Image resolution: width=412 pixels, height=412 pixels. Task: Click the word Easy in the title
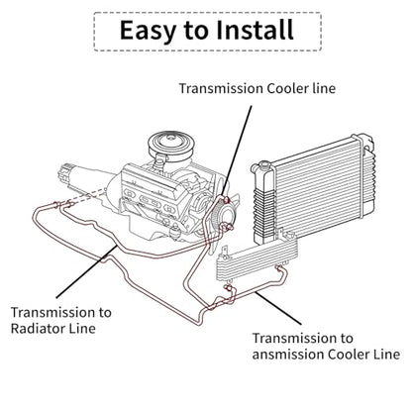click(x=148, y=31)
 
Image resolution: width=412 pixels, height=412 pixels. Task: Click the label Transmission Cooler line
click(x=257, y=88)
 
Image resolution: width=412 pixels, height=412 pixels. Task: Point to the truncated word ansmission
click(x=287, y=355)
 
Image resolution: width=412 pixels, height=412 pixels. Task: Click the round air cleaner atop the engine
click(x=170, y=146)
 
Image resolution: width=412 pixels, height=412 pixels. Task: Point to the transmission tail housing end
click(x=63, y=173)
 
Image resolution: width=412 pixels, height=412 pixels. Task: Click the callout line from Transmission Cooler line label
click(x=237, y=151)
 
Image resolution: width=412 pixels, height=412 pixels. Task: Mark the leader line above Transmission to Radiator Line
click(x=86, y=271)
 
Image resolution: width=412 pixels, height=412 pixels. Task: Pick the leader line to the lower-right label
click(x=278, y=308)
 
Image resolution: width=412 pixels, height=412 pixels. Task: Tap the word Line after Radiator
click(x=82, y=329)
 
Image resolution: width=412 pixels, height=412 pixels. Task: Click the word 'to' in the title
click(x=196, y=31)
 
